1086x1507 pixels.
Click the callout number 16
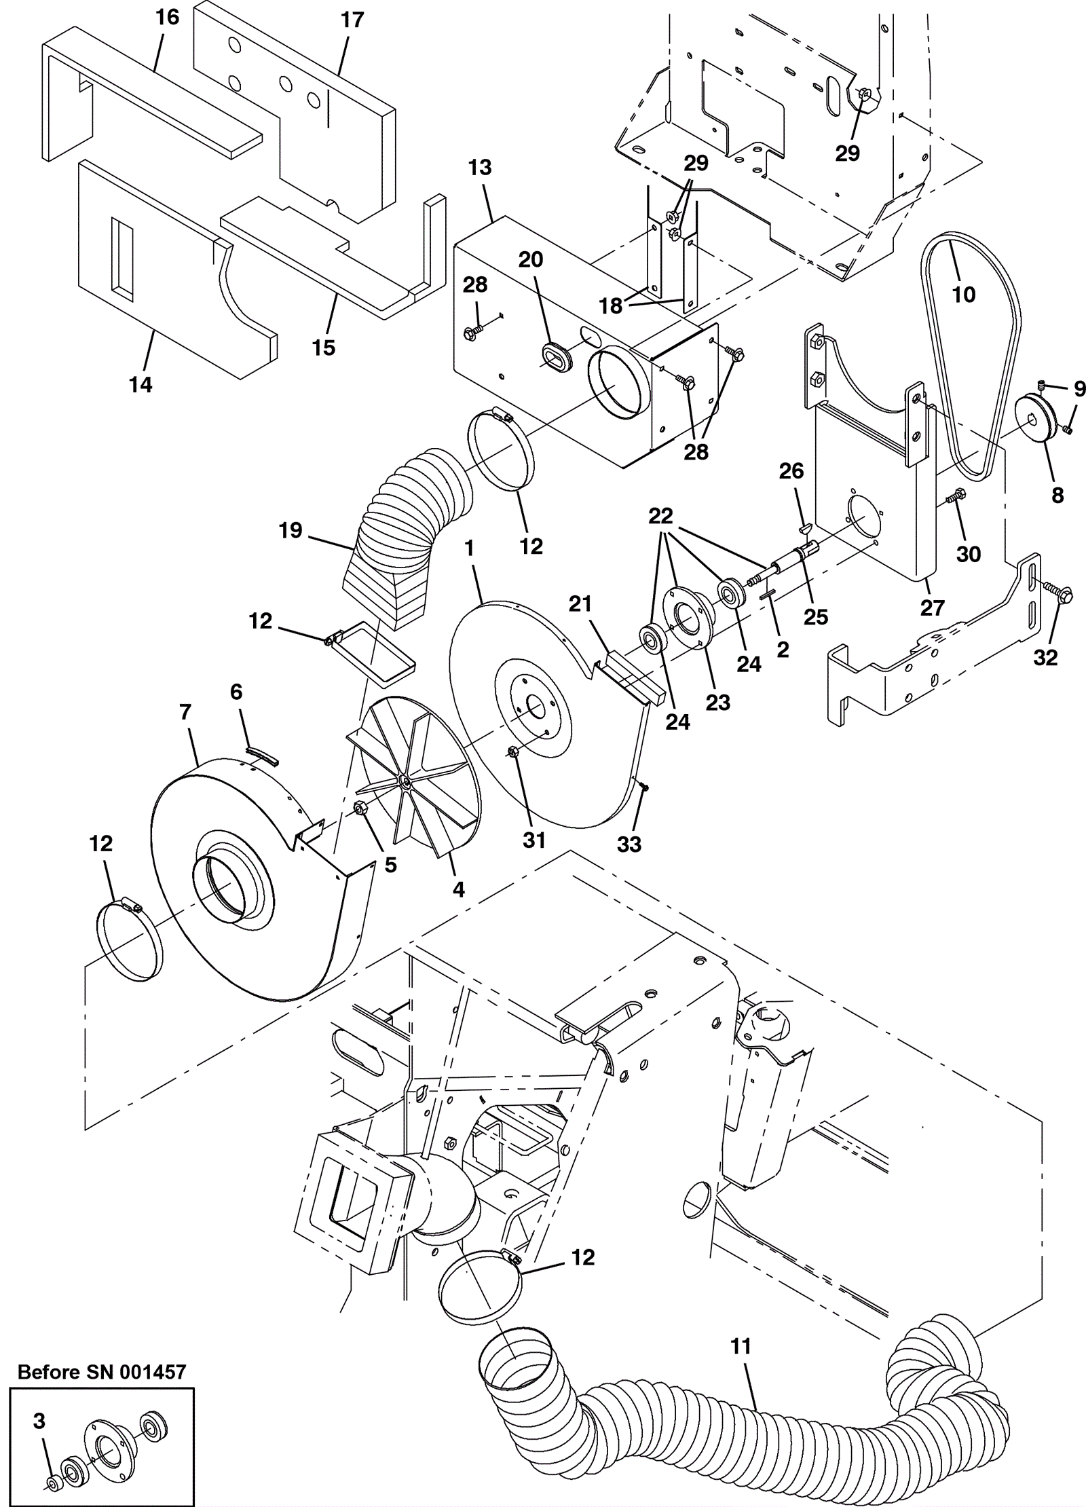(x=167, y=17)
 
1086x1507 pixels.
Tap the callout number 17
(x=352, y=20)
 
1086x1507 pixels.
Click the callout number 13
(x=480, y=167)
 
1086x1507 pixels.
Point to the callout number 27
(x=932, y=608)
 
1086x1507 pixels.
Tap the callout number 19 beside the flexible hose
(x=291, y=530)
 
